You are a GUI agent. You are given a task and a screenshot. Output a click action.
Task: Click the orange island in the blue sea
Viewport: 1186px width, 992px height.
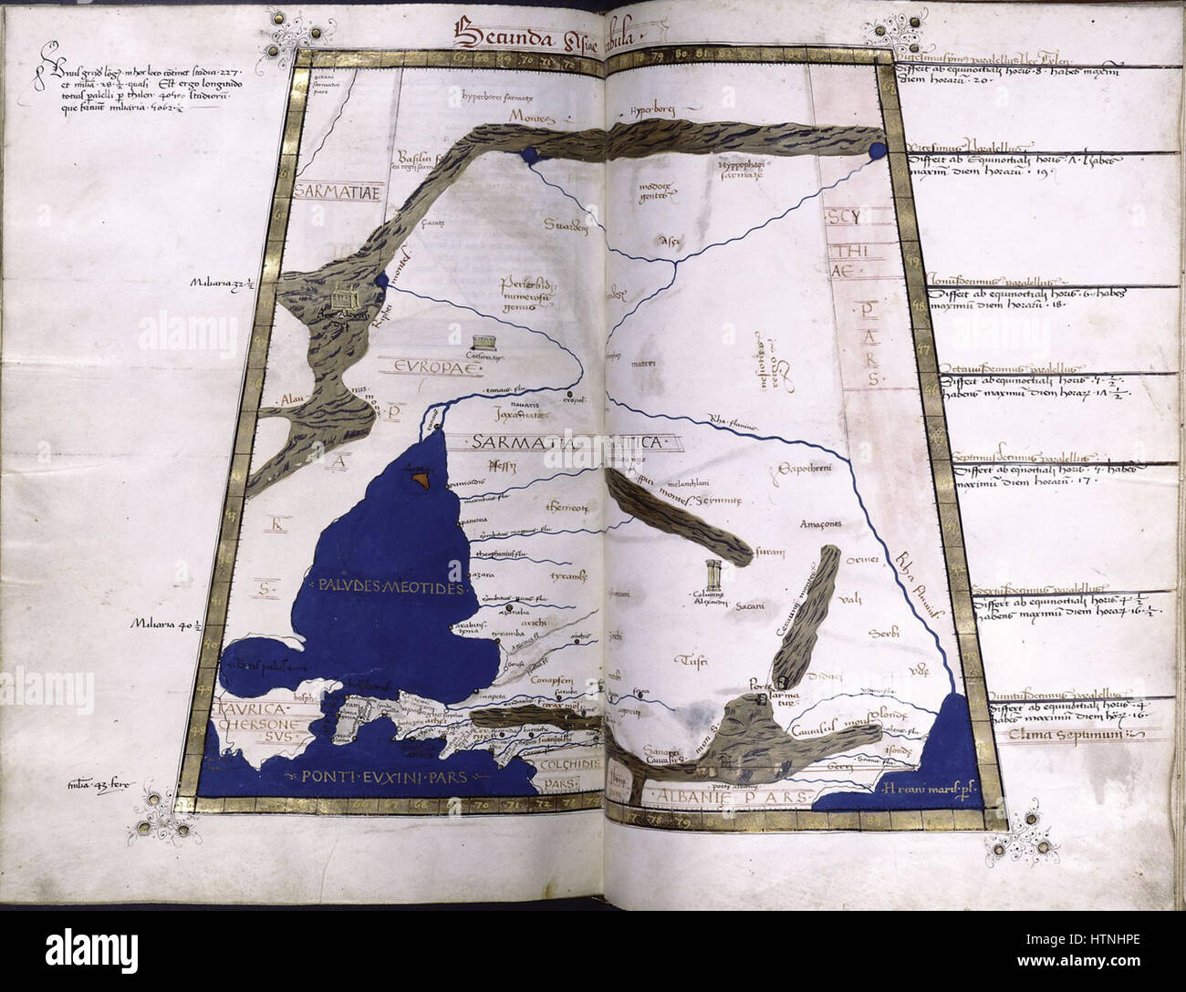tap(422, 477)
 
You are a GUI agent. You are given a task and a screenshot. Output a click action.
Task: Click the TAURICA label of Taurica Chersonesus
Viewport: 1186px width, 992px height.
tap(252, 708)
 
